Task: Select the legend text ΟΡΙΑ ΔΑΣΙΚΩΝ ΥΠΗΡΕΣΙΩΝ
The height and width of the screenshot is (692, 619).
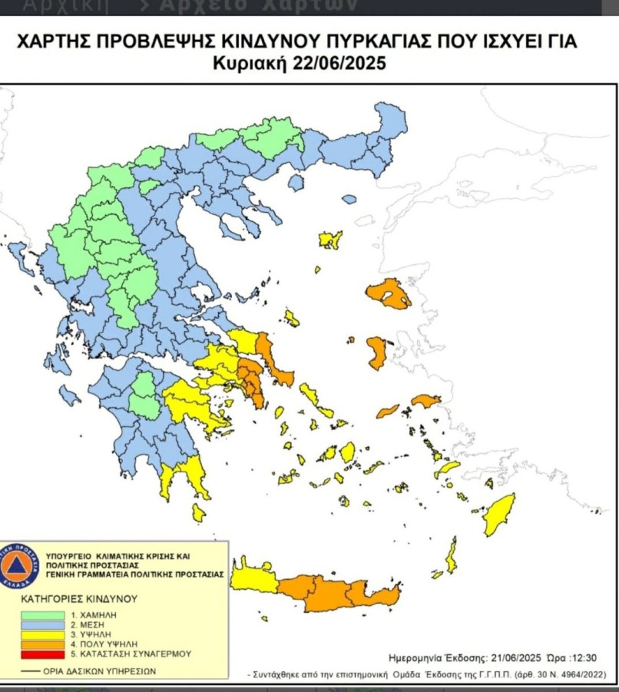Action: [x=101, y=670]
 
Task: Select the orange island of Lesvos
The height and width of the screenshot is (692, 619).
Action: [x=389, y=293]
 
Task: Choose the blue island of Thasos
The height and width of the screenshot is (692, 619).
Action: [x=349, y=199]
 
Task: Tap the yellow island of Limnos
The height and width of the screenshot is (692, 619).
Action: [x=330, y=239]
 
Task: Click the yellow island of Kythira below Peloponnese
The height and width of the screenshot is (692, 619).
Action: [x=199, y=512]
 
